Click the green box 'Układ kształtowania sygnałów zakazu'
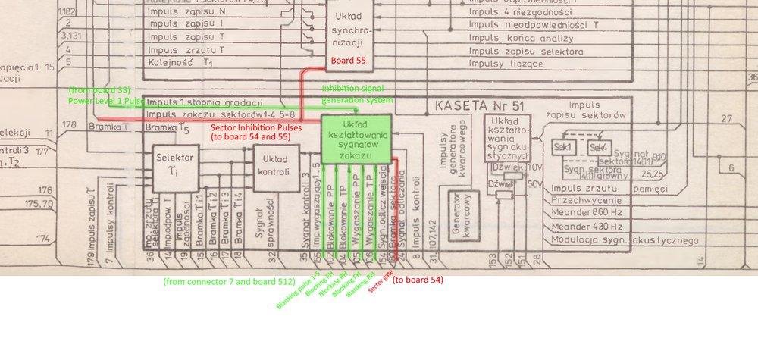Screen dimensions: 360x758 pos(356,139)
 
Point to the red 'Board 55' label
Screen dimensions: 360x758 pos(348,60)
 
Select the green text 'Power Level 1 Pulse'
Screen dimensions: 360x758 pos(106,100)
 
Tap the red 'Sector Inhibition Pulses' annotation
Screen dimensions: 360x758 pos(257,127)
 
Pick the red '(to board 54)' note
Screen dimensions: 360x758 pos(417,280)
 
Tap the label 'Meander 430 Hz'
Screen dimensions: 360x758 pos(588,227)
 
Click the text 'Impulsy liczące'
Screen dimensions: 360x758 pos(506,64)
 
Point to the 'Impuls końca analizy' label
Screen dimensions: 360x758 pos(518,37)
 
